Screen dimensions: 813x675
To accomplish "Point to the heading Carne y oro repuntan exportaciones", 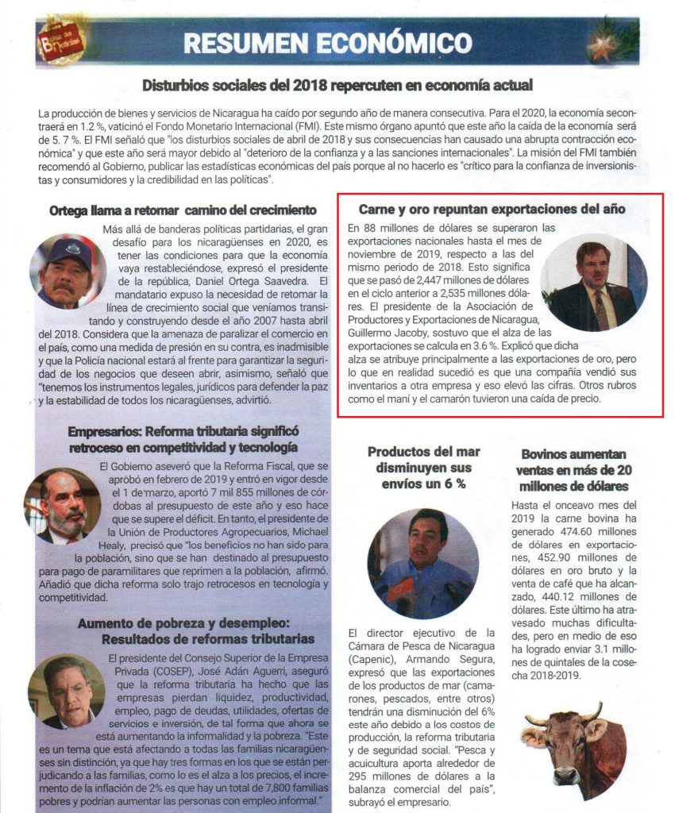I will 492,210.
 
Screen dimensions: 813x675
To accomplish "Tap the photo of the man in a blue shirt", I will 423,563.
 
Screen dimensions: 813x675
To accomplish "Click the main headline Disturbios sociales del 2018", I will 337,85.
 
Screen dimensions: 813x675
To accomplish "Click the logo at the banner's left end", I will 62,41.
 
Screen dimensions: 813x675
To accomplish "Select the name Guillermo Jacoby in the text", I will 390,334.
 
